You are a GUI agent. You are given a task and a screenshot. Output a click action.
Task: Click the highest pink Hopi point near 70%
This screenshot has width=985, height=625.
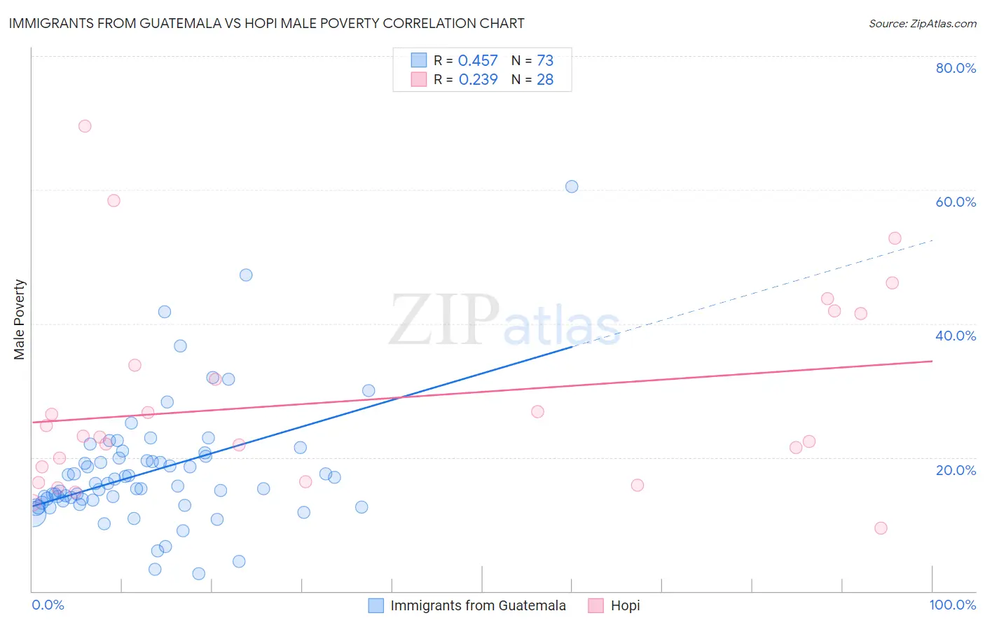point(85,126)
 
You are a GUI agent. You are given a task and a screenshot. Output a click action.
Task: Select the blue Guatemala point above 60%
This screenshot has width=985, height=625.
point(572,186)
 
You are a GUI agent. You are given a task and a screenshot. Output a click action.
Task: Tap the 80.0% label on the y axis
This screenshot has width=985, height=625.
point(956,68)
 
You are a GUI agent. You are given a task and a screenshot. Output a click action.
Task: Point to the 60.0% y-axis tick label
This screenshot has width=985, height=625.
point(956,202)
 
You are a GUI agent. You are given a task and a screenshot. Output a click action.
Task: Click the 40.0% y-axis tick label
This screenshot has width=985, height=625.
point(956,336)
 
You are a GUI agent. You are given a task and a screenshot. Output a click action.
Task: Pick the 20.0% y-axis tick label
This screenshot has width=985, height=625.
point(956,469)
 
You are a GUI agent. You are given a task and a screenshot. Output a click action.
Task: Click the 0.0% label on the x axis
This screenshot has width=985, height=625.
point(48,605)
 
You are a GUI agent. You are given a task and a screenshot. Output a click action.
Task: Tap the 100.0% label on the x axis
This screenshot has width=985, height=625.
point(952,605)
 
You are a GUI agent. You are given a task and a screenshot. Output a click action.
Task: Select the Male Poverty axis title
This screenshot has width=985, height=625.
point(20,320)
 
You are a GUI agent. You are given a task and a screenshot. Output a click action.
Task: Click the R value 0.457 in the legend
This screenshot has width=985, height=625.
point(478,61)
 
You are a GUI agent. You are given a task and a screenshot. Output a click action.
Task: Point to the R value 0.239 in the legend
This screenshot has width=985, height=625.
point(478,80)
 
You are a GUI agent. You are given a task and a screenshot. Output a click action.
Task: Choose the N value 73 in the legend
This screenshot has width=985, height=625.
point(545,61)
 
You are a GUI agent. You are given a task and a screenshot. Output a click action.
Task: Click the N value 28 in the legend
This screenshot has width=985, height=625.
point(545,80)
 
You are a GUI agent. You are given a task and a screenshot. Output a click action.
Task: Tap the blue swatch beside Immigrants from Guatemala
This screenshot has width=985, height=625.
point(376,605)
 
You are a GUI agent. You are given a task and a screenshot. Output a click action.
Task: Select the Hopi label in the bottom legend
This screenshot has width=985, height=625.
point(625,605)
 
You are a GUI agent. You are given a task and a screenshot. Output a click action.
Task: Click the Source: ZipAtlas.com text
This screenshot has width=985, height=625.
point(922,24)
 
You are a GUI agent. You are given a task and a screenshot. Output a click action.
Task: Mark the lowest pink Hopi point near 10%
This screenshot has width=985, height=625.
point(881,528)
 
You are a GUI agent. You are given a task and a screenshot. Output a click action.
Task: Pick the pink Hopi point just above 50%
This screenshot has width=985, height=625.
point(895,238)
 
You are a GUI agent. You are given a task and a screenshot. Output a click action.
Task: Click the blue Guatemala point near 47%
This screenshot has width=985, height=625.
point(246,275)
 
